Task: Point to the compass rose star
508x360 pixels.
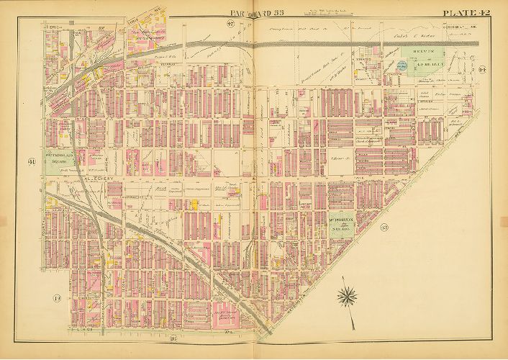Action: [x=348, y=294]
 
